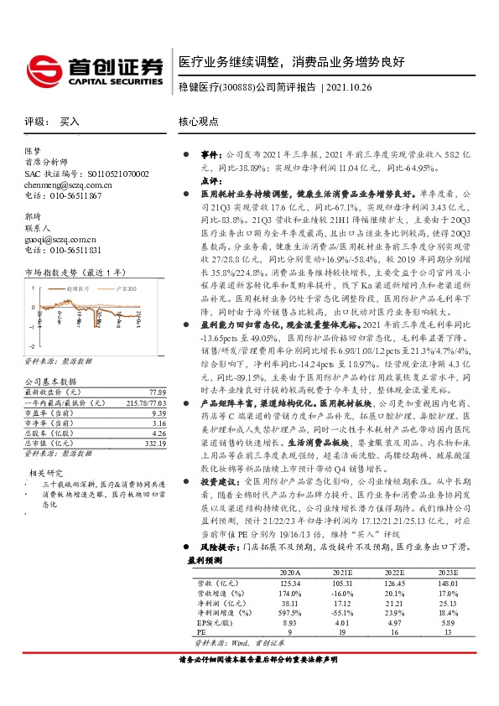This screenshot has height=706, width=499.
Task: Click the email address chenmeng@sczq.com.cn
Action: pos(68,184)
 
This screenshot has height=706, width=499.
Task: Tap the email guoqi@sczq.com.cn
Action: pos(59,238)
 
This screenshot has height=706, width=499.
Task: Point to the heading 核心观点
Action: pos(200,122)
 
